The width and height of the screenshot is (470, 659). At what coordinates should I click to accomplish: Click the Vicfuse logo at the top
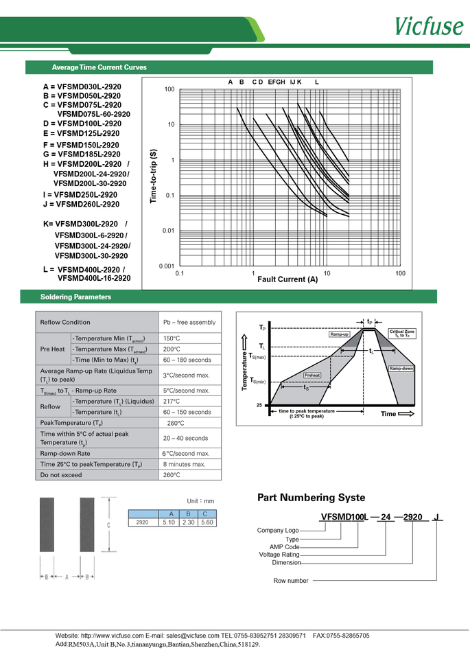coord(427,25)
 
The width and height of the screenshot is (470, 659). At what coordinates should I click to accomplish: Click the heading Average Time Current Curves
coord(99,67)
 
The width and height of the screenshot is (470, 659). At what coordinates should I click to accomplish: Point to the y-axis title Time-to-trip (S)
coord(153,176)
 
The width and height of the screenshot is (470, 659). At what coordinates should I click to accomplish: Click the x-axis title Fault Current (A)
coord(287,279)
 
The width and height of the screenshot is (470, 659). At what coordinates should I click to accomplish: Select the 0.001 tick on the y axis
coord(167,266)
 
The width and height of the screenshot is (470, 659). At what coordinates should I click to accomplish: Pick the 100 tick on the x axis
coord(400,273)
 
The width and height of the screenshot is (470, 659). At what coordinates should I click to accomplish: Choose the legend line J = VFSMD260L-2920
coord(81,204)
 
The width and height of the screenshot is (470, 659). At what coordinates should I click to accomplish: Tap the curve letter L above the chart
coord(316,82)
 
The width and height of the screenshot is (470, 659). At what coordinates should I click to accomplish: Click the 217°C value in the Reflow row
coord(171,402)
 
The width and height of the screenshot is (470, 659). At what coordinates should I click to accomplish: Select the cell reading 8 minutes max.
coord(185,465)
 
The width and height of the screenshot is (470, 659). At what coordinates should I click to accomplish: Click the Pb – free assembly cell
coord(189,322)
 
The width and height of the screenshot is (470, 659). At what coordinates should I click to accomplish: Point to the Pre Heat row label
coord(53,349)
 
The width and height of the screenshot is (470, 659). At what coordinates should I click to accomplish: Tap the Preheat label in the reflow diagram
coord(312,375)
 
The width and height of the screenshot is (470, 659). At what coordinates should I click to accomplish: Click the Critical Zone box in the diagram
coord(401,334)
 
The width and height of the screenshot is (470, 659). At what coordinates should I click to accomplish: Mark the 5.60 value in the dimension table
coord(207,522)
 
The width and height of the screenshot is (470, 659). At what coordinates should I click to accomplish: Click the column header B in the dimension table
coord(188,514)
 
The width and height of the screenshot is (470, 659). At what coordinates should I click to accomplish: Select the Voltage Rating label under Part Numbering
coord(279,555)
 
